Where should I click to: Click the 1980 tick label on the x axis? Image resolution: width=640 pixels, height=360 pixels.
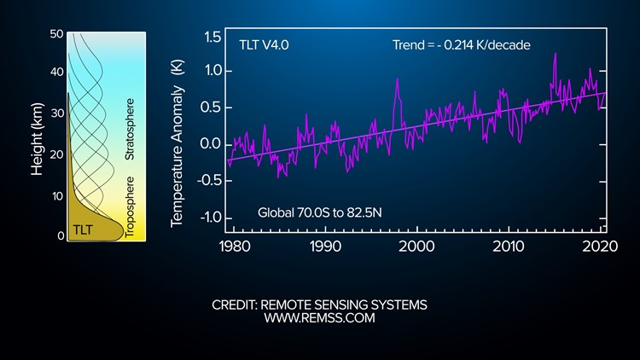tap(234, 247)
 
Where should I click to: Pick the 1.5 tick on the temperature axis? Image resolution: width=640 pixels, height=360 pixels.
tap(213, 38)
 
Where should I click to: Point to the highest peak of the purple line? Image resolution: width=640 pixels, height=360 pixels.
tap(556, 54)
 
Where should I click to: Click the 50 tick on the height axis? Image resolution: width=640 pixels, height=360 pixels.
tap(57, 34)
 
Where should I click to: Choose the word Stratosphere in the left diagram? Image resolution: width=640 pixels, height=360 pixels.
tap(130, 128)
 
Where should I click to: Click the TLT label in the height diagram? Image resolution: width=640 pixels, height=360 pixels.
tap(82, 229)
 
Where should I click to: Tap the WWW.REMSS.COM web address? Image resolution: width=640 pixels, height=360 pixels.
tap(319, 319)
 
